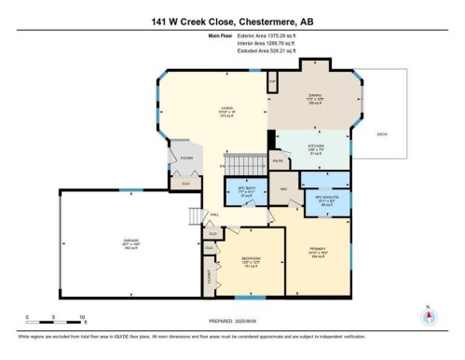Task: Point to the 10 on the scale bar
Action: pyautogui.click(x=82, y=317)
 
